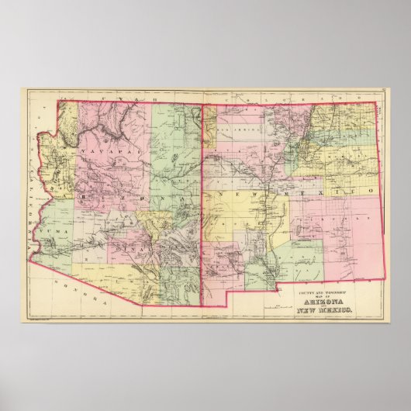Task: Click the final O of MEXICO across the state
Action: [373, 189]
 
